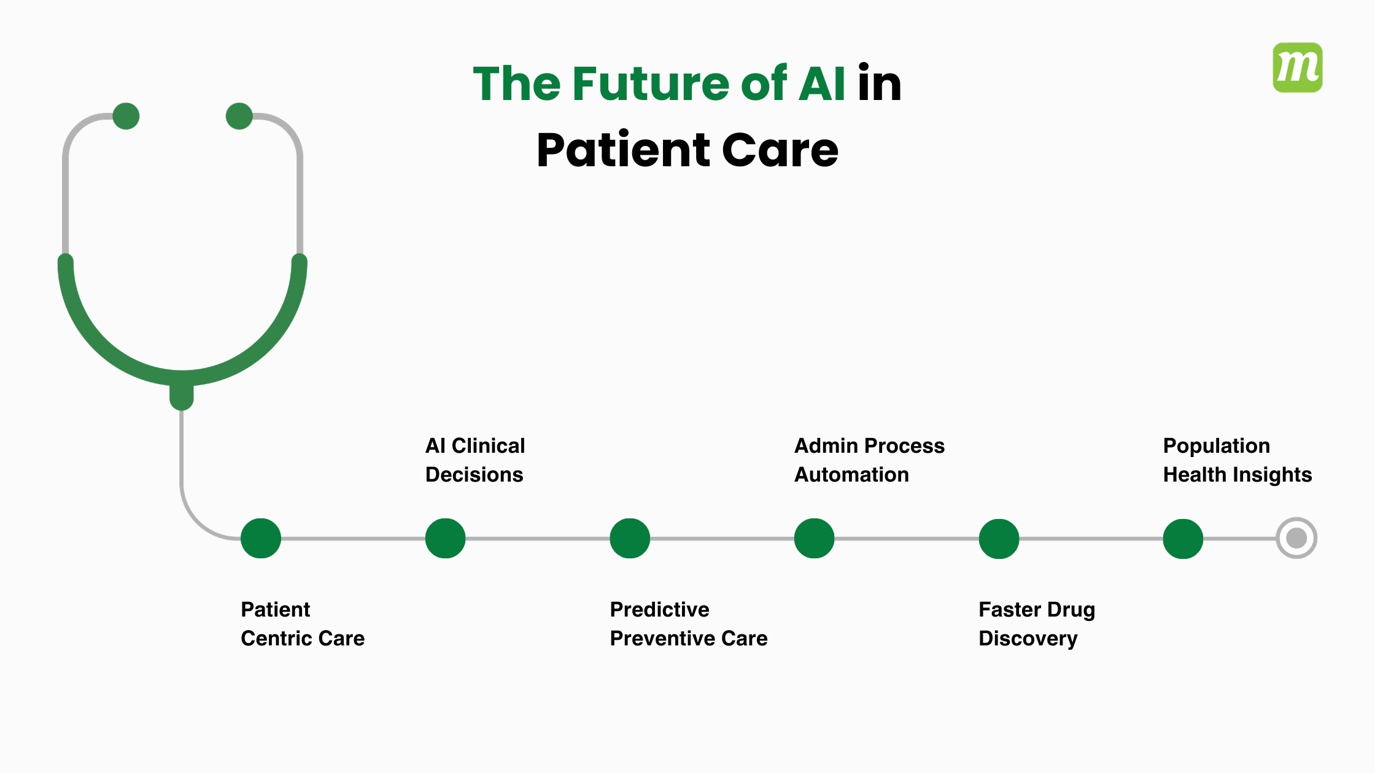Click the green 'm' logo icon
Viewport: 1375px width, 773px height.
(1297, 67)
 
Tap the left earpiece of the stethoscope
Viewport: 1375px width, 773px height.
(126, 116)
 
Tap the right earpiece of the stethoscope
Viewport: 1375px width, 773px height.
(239, 116)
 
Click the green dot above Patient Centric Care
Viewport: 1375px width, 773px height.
(261, 538)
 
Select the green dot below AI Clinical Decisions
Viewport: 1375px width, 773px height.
(445, 538)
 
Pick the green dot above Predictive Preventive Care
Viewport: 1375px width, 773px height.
(630, 538)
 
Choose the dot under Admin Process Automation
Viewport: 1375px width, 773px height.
(814, 538)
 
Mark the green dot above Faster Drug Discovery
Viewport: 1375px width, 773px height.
(999, 539)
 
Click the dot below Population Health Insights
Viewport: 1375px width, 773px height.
(1183, 539)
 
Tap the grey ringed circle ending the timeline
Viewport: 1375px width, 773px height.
(1296, 538)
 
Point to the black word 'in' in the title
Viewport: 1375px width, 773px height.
(879, 83)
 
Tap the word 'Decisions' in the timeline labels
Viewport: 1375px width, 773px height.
(474, 475)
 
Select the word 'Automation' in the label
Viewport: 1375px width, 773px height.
(851, 475)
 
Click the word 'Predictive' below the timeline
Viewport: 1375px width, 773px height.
(659, 610)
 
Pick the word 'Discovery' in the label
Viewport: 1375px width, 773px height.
(1028, 639)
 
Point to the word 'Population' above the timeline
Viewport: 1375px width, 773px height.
(1216, 446)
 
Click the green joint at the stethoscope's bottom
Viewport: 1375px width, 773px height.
(182, 396)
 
